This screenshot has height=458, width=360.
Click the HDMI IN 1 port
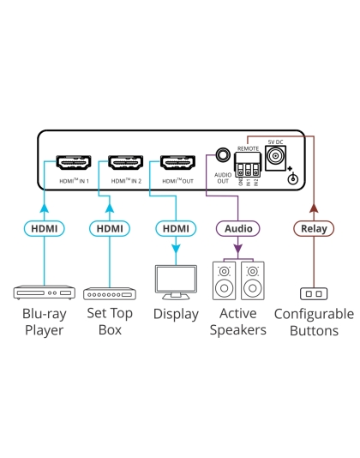[73, 163]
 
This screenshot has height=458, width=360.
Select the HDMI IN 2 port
[125, 163]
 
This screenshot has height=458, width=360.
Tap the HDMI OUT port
[177, 163]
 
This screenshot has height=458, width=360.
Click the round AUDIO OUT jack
[223, 157]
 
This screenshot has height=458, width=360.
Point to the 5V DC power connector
[277, 157]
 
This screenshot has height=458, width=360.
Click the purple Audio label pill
[238, 228]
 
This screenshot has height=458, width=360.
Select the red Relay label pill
[312, 228]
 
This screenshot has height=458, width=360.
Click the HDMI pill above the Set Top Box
[109, 228]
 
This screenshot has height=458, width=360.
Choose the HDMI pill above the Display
[176, 228]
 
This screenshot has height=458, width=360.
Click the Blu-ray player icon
[43, 292]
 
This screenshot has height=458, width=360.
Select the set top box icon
[109, 292]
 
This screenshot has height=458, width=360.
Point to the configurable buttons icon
[312, 292]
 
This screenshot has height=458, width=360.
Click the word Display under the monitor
[176, 314]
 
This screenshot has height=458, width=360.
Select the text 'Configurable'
[313, 314]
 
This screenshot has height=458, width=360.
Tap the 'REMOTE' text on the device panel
[248, 148]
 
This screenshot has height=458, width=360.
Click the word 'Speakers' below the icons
[238, 330]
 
